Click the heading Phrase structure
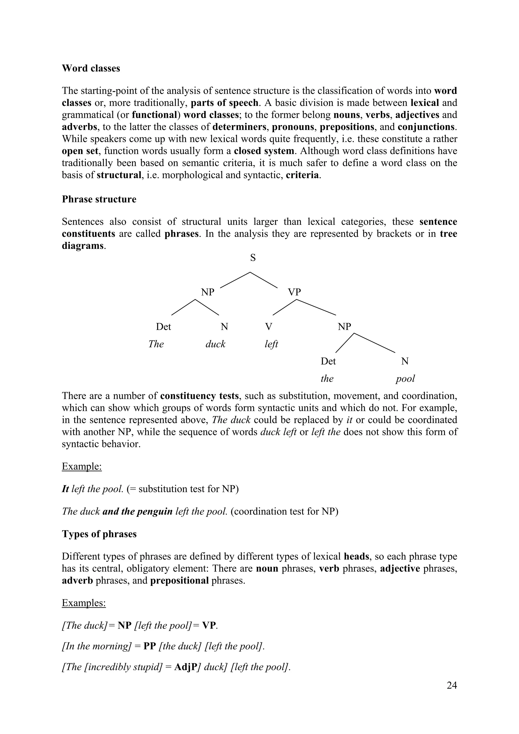(99, 199)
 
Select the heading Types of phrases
(99, 534)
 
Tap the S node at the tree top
(253, 258)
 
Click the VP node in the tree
(294, 292)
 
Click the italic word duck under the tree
(215, 344)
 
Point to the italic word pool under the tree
(405, 379)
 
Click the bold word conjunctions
(426, 127)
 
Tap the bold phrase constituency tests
(199, 396)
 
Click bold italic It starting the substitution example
(65, 489)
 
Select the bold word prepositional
(179, 580)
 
